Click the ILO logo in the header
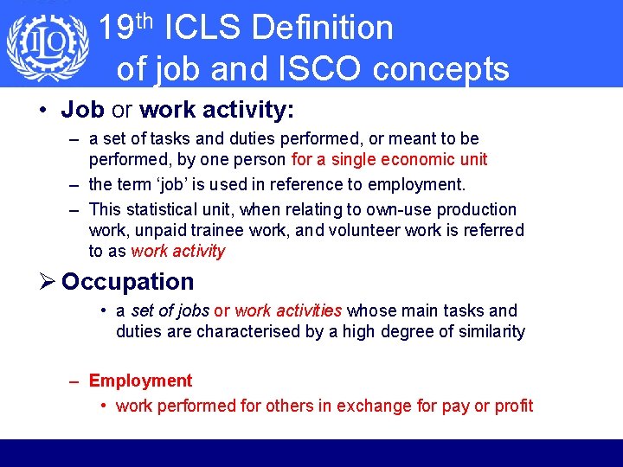48,45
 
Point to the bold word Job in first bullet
83,110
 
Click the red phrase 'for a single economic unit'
389,159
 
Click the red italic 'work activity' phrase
177,252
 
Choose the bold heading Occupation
128,282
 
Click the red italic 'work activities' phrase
288,310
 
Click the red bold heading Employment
140,381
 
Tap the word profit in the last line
514,406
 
